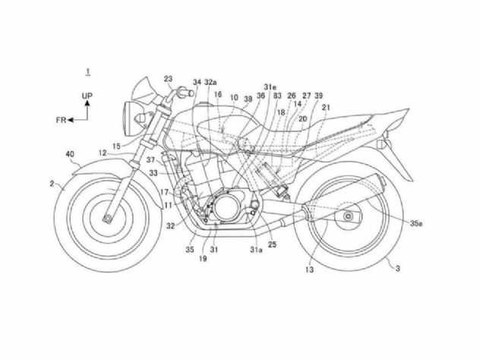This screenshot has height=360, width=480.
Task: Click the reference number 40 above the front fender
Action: [x=70, y=154]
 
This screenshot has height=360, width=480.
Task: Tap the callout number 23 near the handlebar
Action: [x=168, y=79]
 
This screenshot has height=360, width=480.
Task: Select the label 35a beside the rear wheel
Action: [x=416, y=223]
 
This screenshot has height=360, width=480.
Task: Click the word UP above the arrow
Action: [x=87, y=96]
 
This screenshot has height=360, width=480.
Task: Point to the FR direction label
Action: [x=61, y=120]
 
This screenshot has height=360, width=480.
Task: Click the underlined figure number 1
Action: [x=88, y=72]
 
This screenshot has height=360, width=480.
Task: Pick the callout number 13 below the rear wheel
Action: [x=309, y=270]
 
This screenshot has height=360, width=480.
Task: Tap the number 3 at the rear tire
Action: [x=398, y=269]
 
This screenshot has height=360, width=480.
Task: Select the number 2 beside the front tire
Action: [x=52, y=184]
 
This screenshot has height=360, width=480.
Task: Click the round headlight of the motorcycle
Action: [x=128, y=118]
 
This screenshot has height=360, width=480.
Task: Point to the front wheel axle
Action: [x=107, y=219]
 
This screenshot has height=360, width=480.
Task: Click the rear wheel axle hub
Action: [x=348, y=216]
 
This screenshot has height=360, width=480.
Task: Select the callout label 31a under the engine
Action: [x=256, y=250]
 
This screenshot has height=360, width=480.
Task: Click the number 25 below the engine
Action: [x=272, y=245]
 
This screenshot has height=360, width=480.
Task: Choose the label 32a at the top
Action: [x=210, y=82]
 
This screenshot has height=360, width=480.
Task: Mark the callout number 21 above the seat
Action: [x=326, y=107]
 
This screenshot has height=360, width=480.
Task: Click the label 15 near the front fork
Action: [x=116, y=147]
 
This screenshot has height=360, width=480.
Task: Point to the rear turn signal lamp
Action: [x=384, y=144]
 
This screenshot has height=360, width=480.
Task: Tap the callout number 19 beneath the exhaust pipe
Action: [x=203, y=259]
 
